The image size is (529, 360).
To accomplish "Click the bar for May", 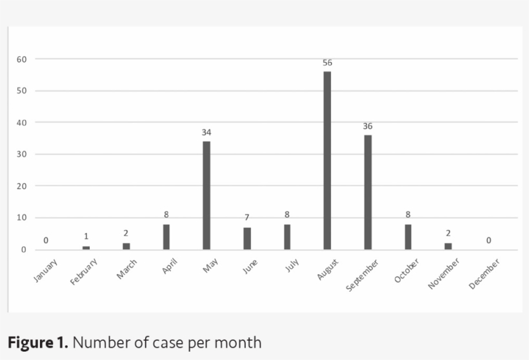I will (x=206, y=195).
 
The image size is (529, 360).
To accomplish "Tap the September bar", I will (x=368, y=192).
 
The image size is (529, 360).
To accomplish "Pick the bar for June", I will (x=247, y=238).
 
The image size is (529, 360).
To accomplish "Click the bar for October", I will (x=408, y=236).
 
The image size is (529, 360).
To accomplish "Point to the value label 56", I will (x=327, y=63).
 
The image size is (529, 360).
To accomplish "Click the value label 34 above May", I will (x=206, y=133).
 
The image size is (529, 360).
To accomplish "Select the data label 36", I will (x=368, y=126).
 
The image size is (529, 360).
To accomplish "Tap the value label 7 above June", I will (x=247, y=217).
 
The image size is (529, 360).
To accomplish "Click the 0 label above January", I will (x=46, y=241).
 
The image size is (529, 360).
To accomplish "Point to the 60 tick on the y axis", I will (x=22, y=59).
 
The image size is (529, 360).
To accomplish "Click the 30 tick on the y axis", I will (x=22, y=154).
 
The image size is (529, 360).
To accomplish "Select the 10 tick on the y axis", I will (x=22, y=217).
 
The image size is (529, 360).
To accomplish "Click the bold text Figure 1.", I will (x=37, y=342).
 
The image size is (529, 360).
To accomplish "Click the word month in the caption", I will (x=240, y=342).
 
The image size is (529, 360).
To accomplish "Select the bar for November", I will (x=448, y=246).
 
